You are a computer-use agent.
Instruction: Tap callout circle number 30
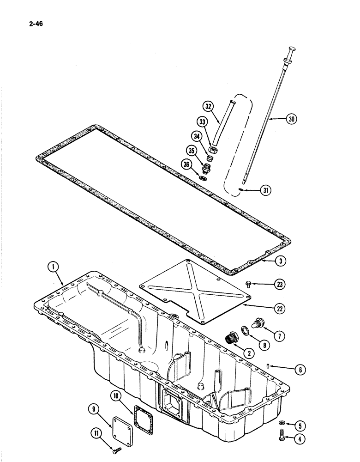(290, 119)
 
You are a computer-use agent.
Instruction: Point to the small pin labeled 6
(268, 366)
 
